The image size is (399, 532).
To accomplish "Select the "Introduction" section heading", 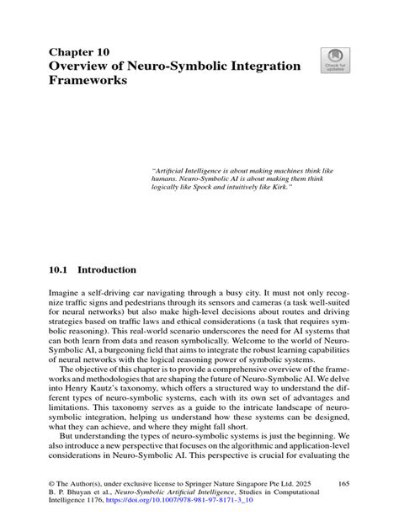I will point(106,271).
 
